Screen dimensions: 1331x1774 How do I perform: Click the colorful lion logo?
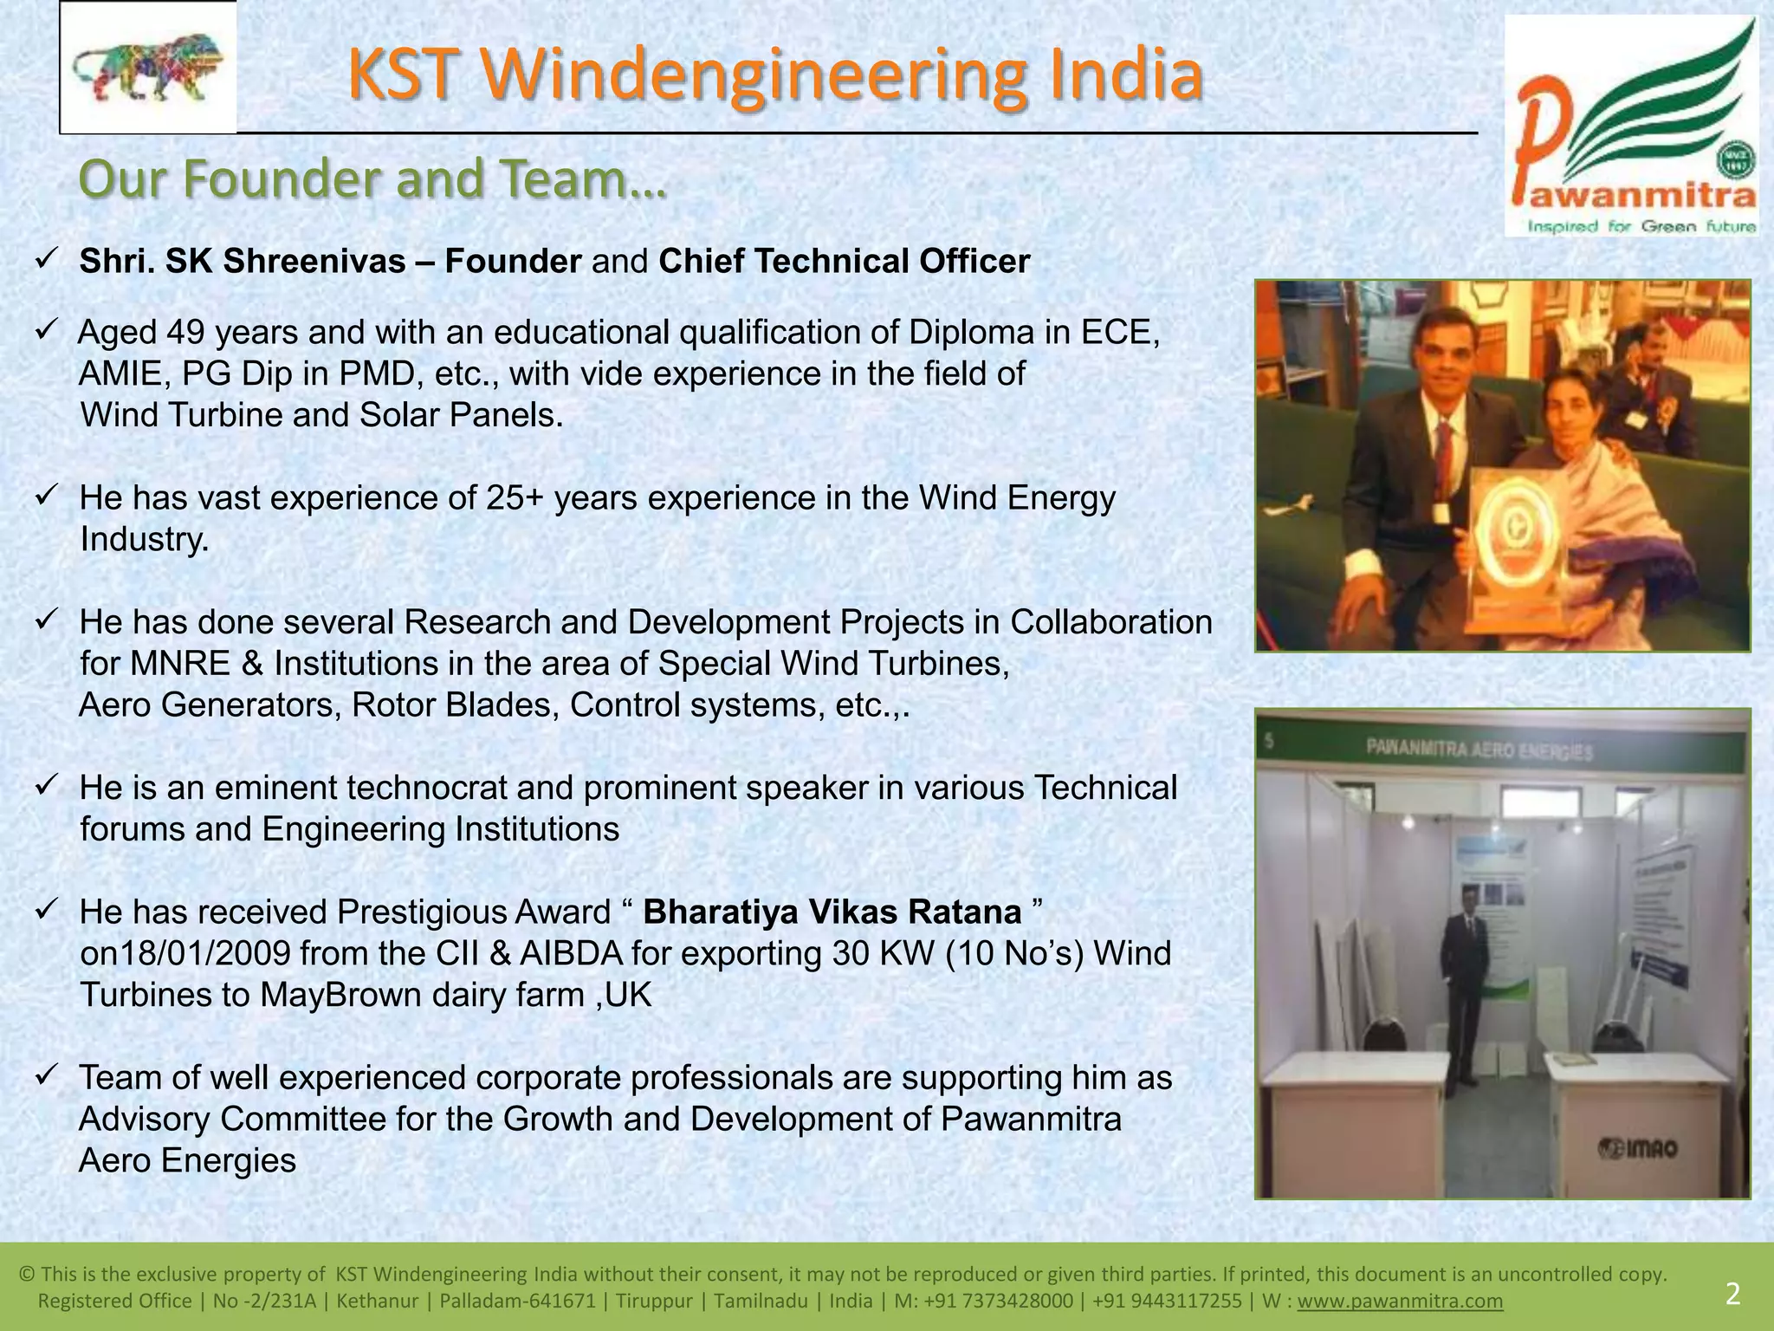[147, 67]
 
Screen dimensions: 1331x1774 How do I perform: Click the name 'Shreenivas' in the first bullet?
[314, 261]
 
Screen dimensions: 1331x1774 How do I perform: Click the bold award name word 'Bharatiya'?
[716, 912]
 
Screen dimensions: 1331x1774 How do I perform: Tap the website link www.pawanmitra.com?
[1400, 1301]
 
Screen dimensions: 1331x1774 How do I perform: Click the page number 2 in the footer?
[1732, 1295]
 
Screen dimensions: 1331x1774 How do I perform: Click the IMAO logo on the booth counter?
[1637, 1149]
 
